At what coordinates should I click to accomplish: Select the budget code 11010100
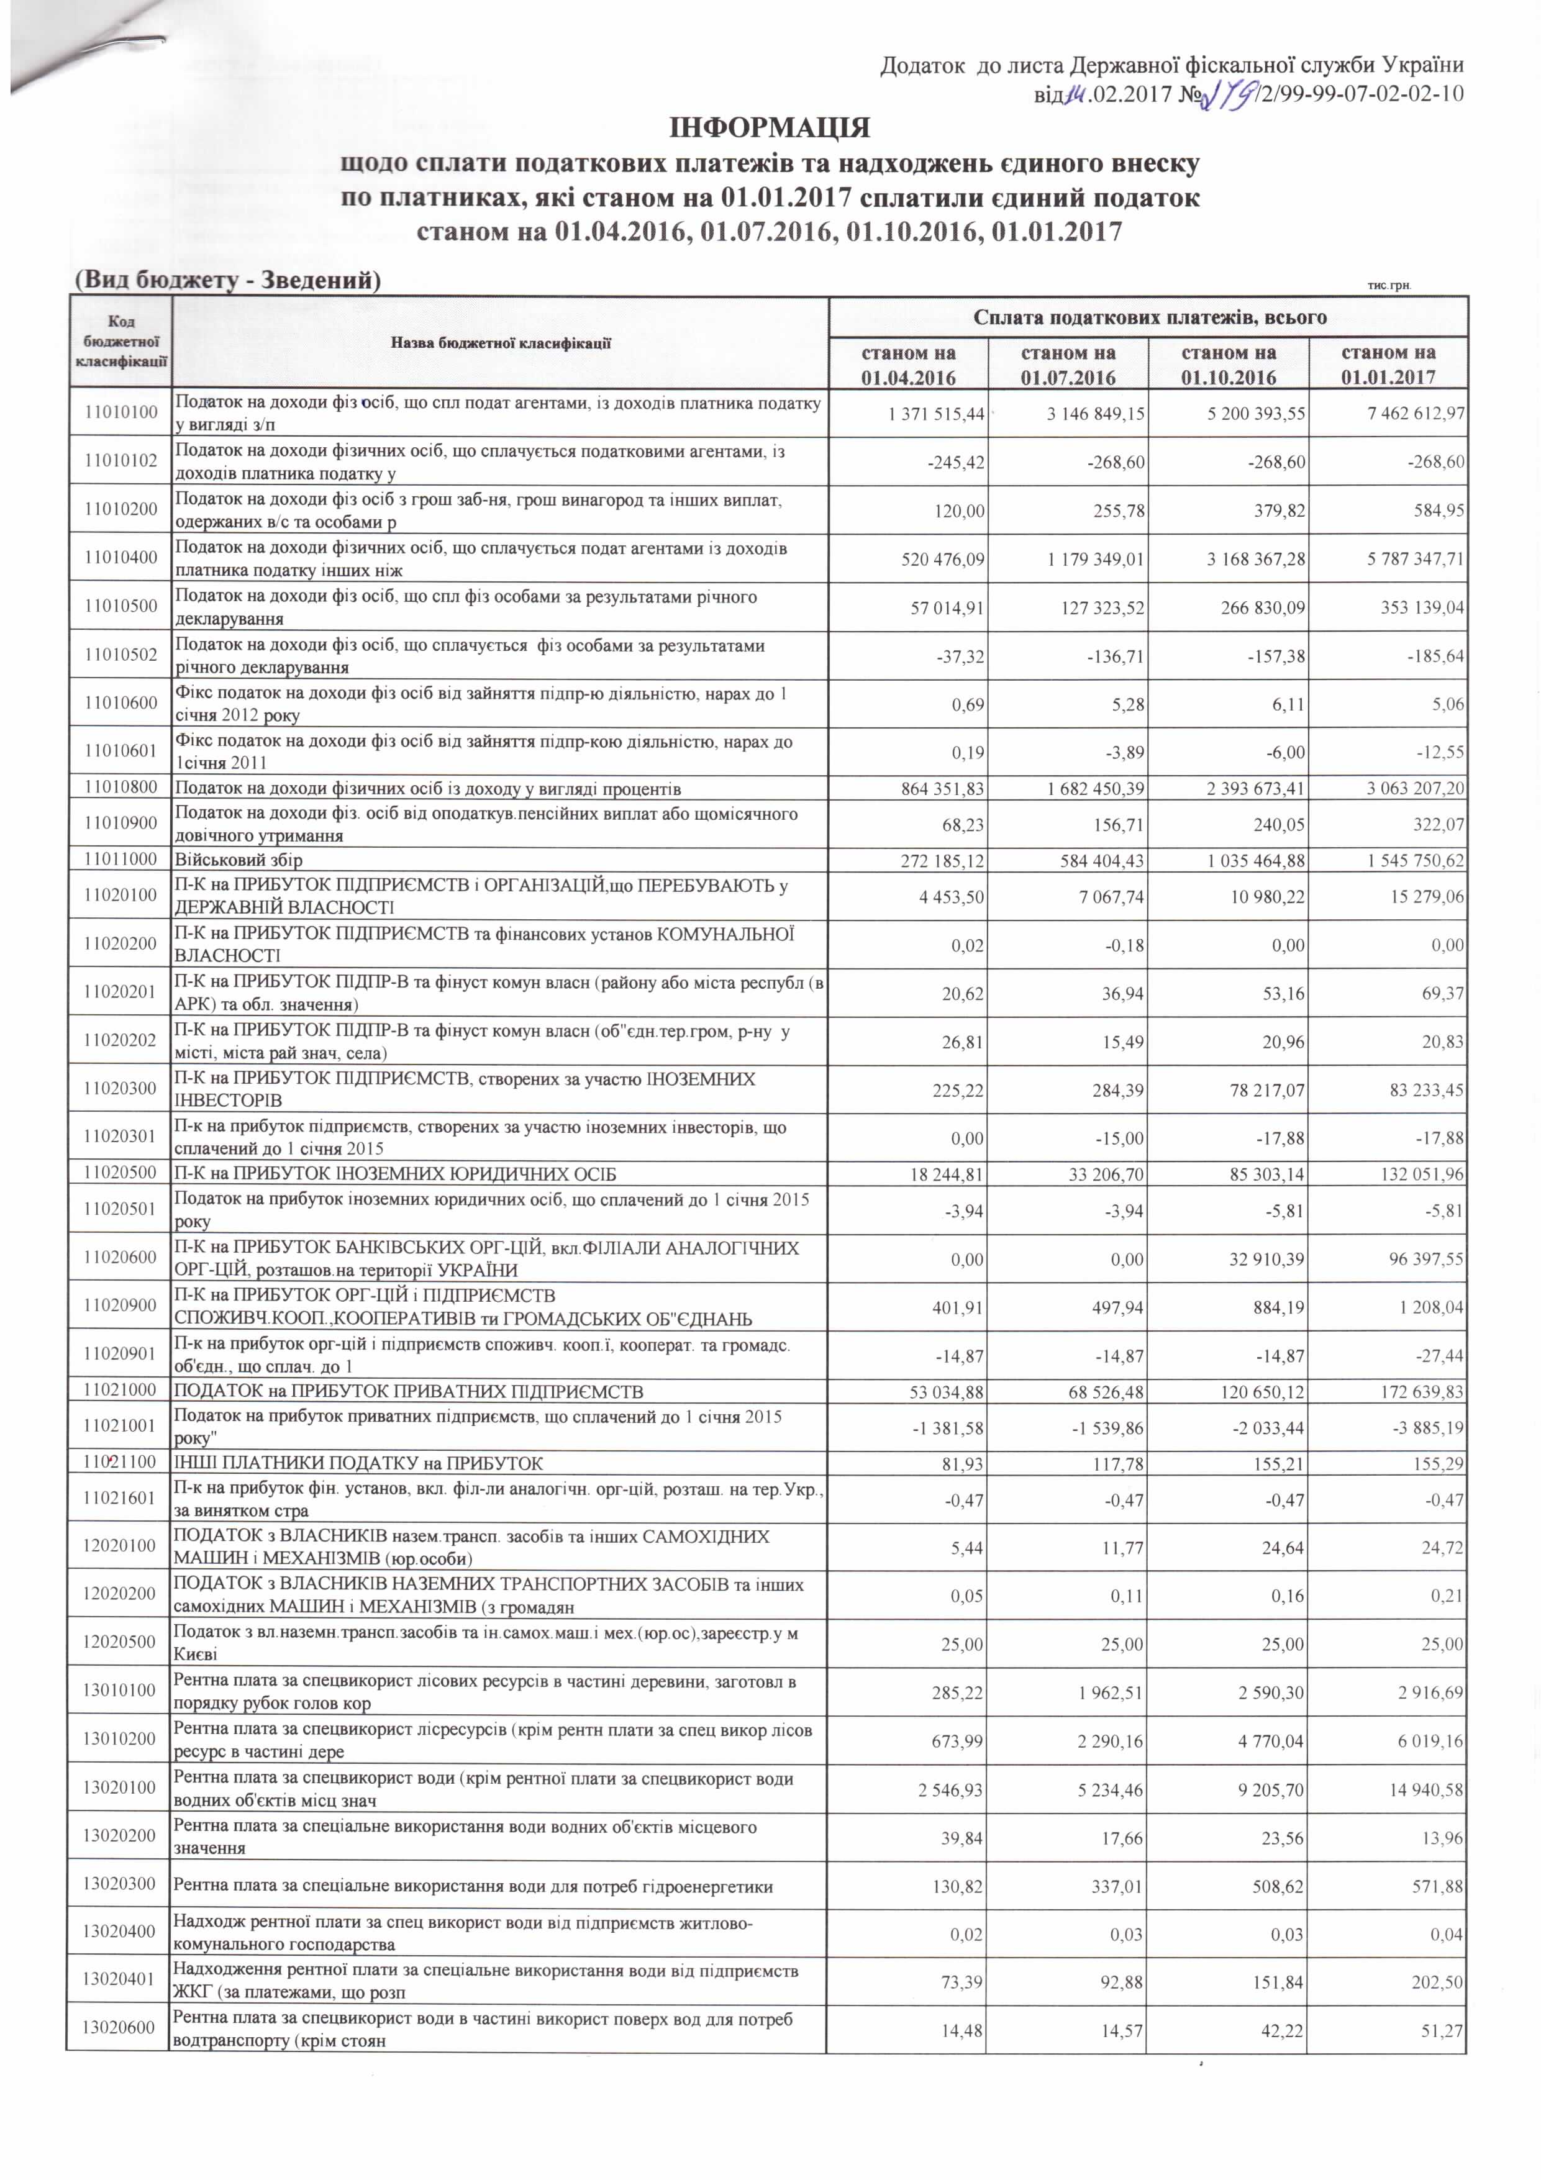point(120,413)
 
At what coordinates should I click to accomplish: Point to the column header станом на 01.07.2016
point(1068,365)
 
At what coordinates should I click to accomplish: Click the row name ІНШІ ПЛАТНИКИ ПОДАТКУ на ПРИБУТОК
point(359,1463)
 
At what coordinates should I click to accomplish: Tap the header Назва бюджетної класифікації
point(501,343)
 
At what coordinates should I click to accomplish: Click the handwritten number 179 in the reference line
point(1225,94)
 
